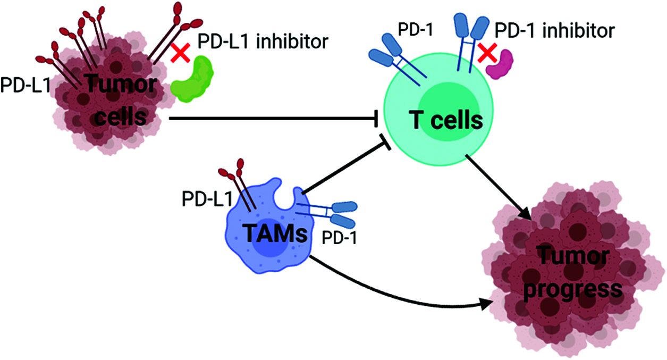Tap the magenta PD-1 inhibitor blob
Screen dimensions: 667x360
click(x=500, y=64)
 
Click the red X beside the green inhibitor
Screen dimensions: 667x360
click(x=181, y=53)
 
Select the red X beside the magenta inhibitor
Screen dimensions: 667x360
click(x=487, y=53)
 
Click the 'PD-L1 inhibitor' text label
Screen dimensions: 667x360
click(x=263, y=41)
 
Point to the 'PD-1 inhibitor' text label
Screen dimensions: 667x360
click(x=555, y=30)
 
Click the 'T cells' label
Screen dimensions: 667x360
click(x=446, y=120)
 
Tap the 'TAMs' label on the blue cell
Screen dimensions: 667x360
click(x=275, y=233)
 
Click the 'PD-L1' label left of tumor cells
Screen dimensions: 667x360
click(x=26, y=85)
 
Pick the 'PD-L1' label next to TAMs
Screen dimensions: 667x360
click(x=207, y=198)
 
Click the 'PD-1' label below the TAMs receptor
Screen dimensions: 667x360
click(x=339, y=238)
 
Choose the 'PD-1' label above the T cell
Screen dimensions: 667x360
click(x=416, y=29)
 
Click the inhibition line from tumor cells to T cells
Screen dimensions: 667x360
click(x=273, y=119)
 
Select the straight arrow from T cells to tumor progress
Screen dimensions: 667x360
click(x=498, y=188)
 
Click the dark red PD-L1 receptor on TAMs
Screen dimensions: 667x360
click(x=238, y=185)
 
